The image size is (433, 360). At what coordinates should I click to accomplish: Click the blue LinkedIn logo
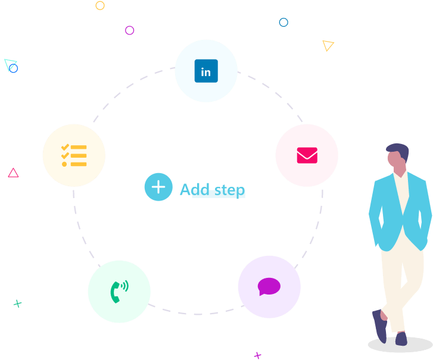[x=206, y=71]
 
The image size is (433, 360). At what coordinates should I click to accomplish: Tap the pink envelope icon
[x=307, y=155]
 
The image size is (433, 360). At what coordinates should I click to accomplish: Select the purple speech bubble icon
[x=269, y=287]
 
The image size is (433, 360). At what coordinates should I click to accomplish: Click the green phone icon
[x=119, y=292]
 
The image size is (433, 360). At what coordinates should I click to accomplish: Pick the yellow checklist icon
[x=74, y=155]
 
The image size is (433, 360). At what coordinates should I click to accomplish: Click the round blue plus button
[x=158, y=187]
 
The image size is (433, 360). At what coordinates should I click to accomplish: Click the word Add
[x=195, y=189]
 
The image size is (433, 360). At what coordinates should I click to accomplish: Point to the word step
[x=229, y=190]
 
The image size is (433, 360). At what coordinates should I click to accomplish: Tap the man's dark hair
[x=399, y=151]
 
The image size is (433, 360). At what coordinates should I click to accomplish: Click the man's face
[x=395, y=161]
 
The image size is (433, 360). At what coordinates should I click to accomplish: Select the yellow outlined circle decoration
[x=100, y=5]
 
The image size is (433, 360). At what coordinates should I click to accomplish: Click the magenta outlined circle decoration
[x=129, y=30]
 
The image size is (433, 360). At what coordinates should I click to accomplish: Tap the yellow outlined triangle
[x=328, y=45]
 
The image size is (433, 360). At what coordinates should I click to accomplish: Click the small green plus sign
[x=18, y=303]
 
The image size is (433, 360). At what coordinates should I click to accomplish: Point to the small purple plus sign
[x=258, y=355]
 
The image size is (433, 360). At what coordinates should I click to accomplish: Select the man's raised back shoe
[x=379, y=325]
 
